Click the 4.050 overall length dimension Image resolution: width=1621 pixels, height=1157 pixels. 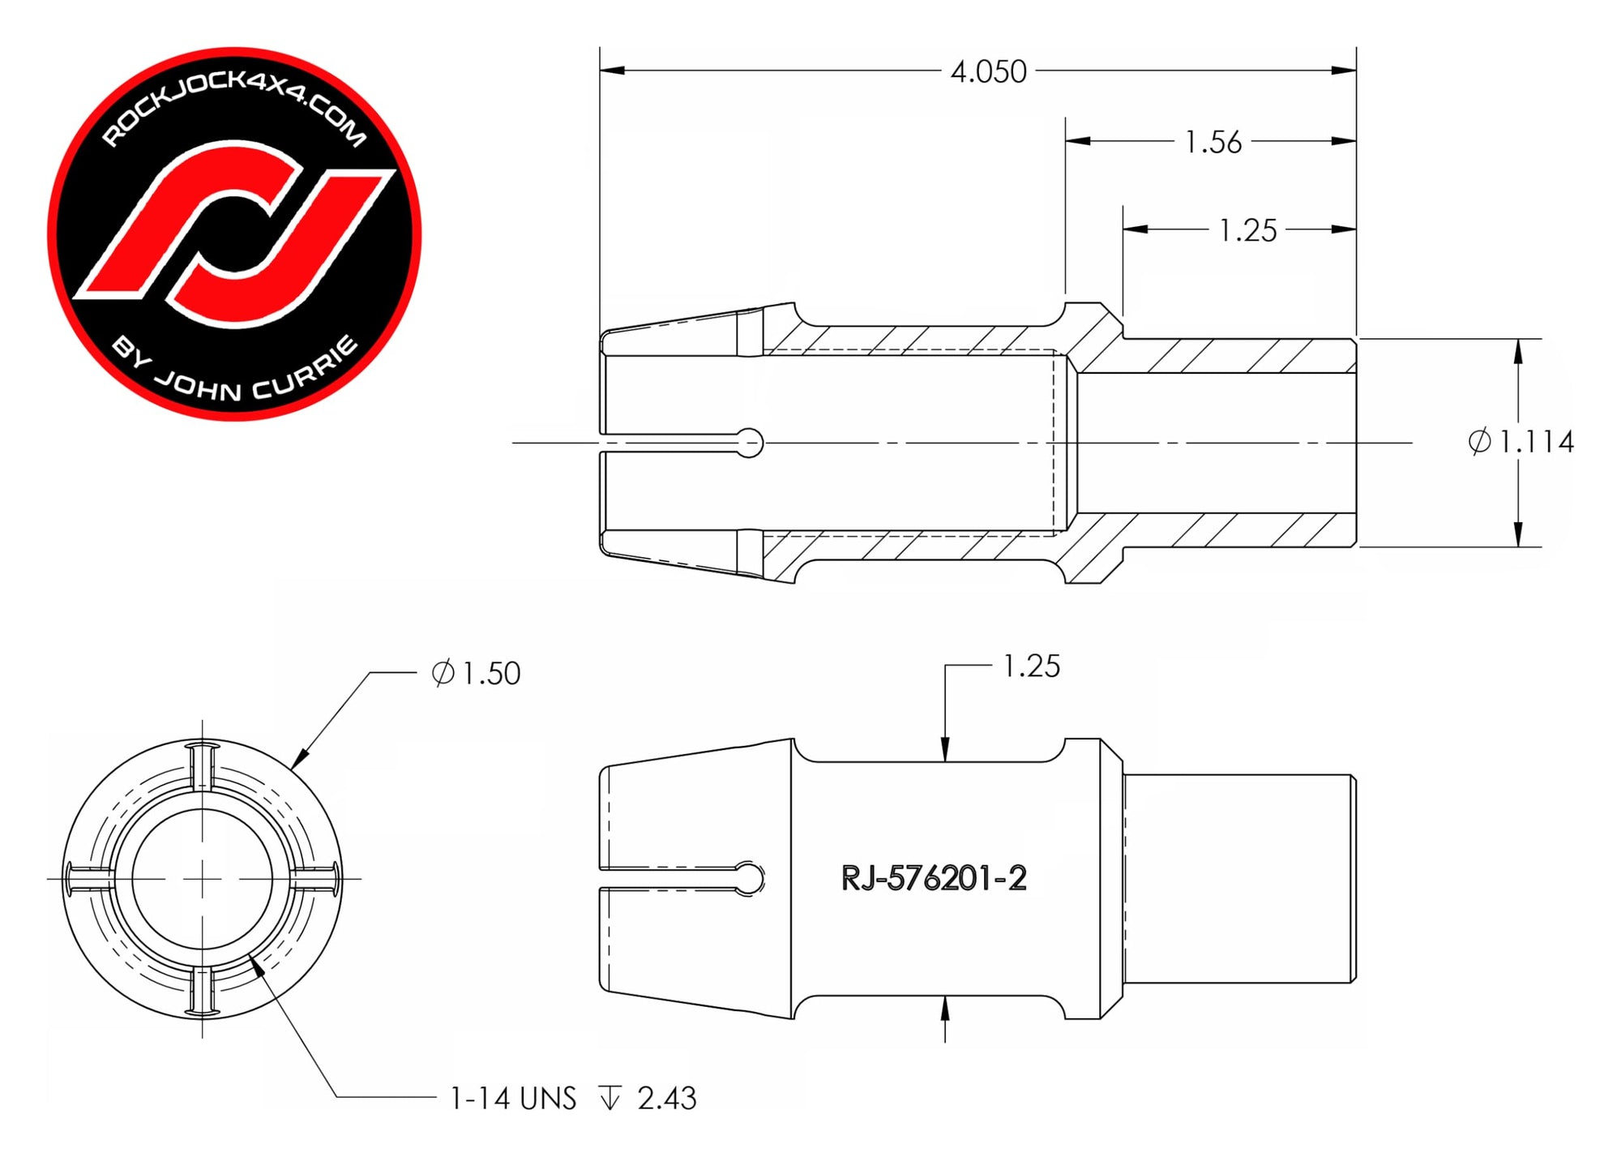[988, 72]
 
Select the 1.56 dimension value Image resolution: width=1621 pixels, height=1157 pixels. [1213, 143]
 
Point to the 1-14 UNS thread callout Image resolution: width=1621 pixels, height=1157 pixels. [513, 1099]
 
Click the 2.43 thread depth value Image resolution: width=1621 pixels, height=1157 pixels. [667, 1099]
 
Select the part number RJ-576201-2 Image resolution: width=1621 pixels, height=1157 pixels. [934, 878]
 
